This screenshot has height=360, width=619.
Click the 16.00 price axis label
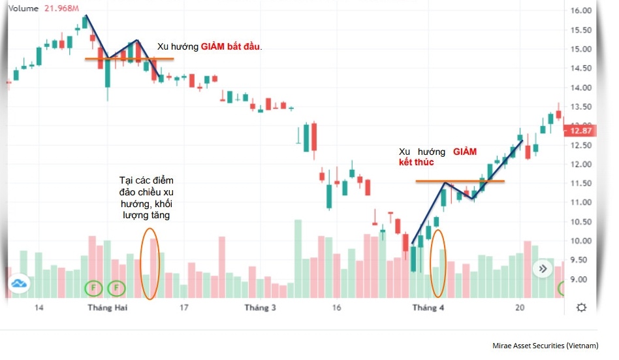click(x=580, y=11)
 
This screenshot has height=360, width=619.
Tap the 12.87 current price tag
click(x=580, y=131)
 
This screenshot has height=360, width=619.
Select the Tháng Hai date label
click(x=106, y=308)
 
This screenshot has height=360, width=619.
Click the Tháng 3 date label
click(x=260, y=308)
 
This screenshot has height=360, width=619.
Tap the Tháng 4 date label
click(x=428, y=308)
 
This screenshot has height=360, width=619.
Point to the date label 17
click(x=184, y=308)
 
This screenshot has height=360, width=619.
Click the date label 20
click(x=520, y=308)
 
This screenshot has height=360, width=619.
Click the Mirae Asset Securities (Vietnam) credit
click(x=545, y=346)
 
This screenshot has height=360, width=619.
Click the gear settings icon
click(x=581, y=308)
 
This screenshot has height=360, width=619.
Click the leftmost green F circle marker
click(x=94, y=287)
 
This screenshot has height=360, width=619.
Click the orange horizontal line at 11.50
click(x=460, y=181)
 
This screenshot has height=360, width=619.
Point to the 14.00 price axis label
click(x=580, y=88)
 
